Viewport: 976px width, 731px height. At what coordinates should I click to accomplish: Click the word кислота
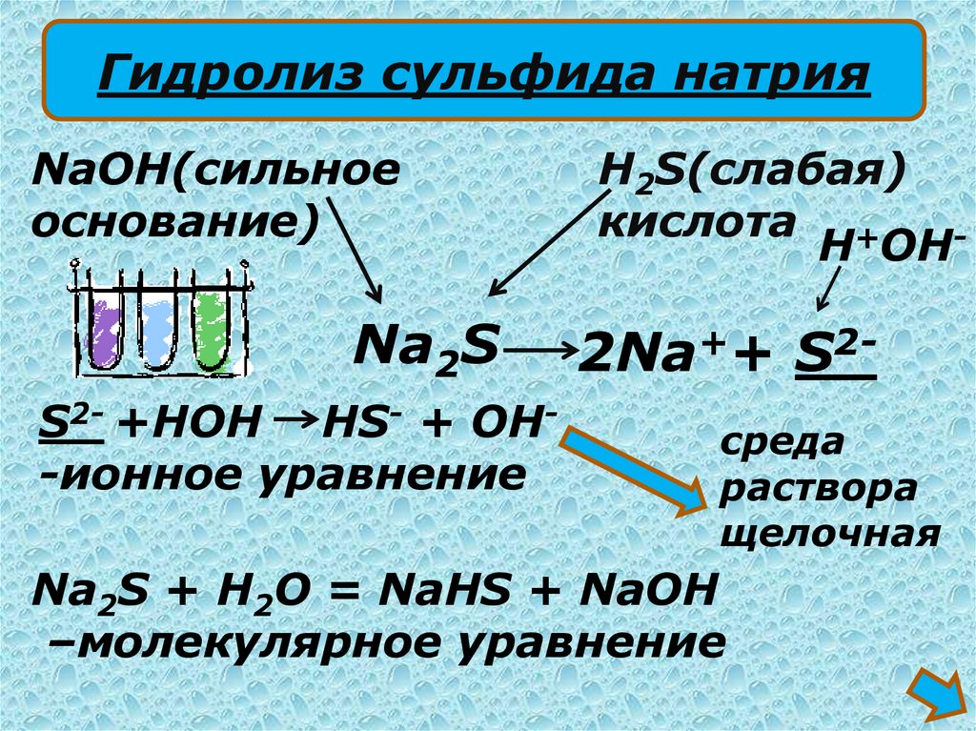tap(696, 222)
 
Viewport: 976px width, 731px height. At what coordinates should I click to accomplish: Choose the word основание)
tap(176, 224)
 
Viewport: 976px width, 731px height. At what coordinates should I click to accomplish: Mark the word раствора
tap(820, 488)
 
